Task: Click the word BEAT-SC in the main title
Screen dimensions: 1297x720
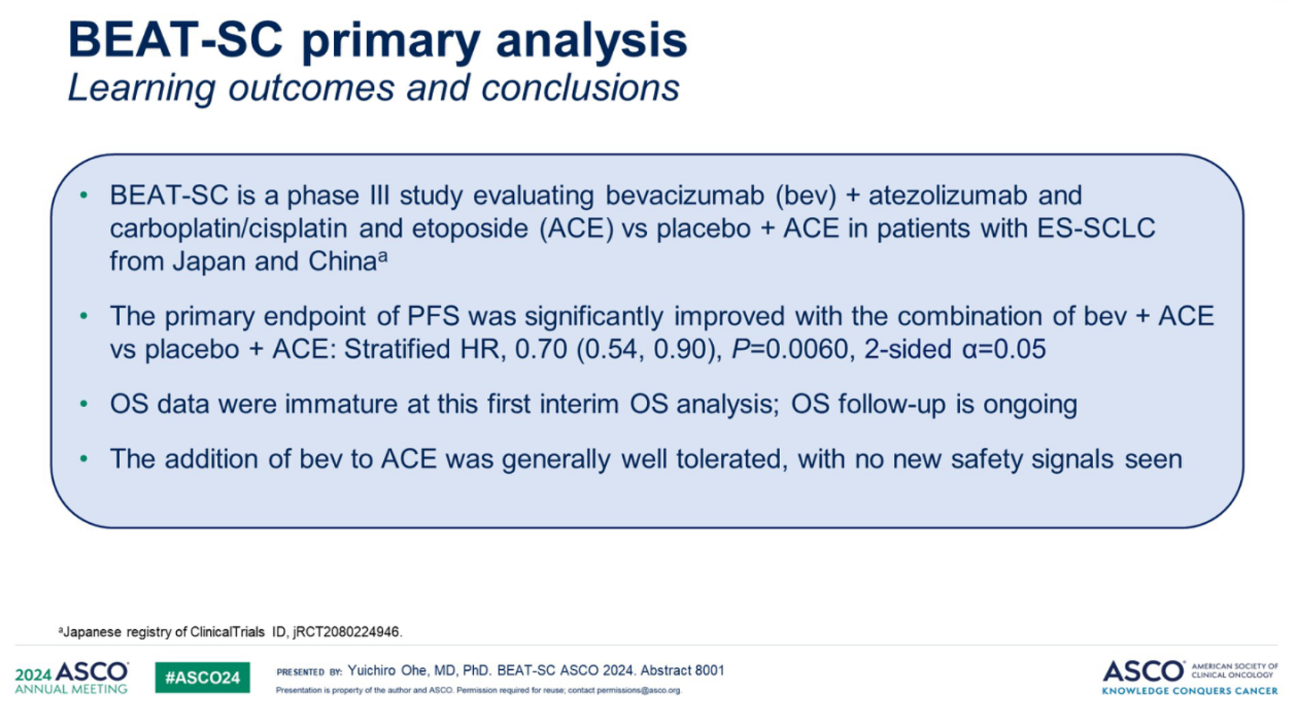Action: [x=175, y=40]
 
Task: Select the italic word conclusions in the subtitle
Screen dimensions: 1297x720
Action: [x=581, y=88]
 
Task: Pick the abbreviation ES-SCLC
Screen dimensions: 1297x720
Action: [x=1096, y=228]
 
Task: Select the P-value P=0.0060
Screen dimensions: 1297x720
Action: [x=790, y=349]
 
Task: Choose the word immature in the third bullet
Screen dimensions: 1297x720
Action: [x=341, y=404]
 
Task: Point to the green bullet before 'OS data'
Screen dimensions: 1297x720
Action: [x=84, y=404]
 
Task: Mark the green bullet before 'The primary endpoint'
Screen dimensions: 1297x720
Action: [x=84, y=316]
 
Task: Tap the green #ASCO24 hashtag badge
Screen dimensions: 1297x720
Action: [x=202, y=678]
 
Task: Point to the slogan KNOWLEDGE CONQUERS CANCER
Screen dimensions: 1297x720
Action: [x=1190, y=691]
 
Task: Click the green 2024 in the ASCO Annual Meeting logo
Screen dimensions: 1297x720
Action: [x=33, y=675]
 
